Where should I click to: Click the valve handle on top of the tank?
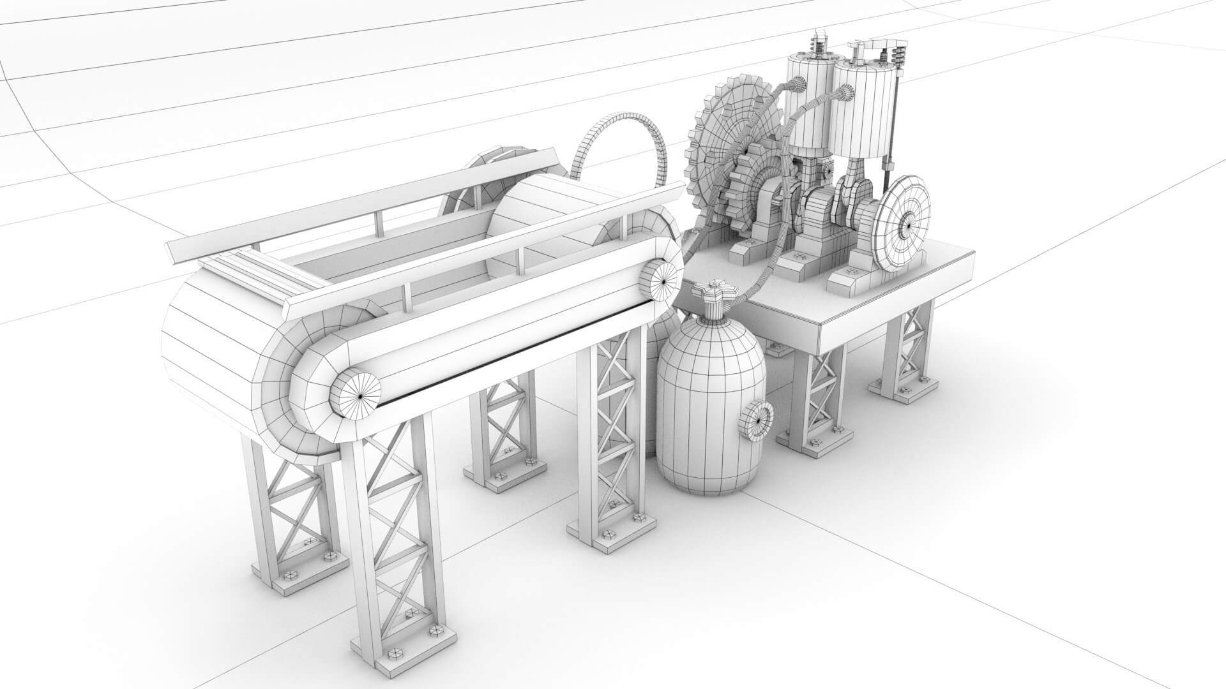pos(716,295)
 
